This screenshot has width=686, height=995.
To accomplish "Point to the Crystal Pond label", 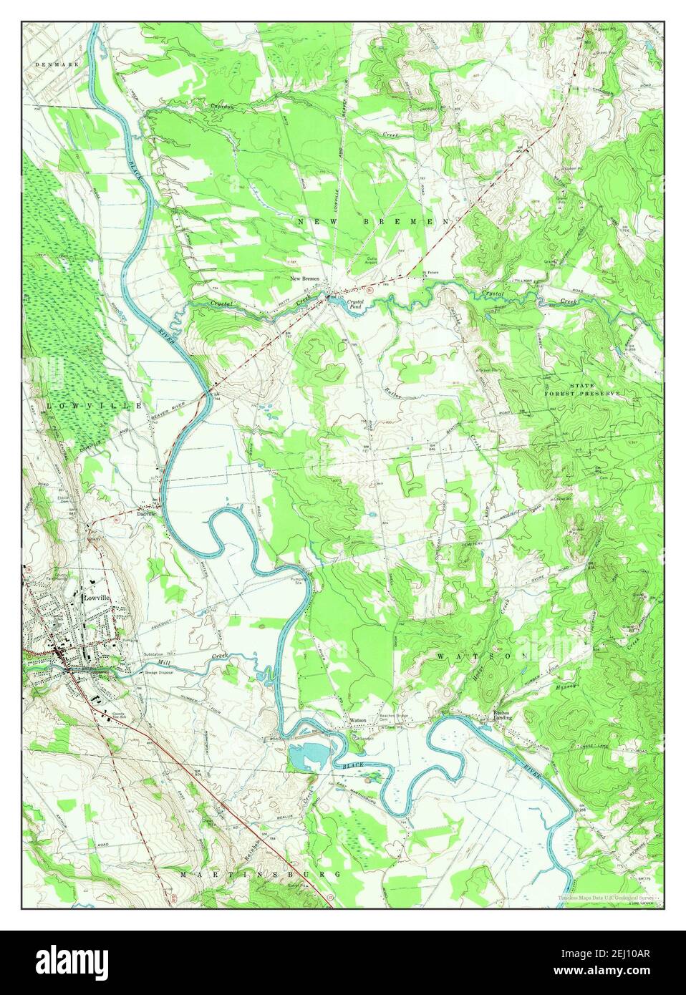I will pos(356,305).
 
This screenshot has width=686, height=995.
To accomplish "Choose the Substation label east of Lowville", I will pos(158,654).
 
